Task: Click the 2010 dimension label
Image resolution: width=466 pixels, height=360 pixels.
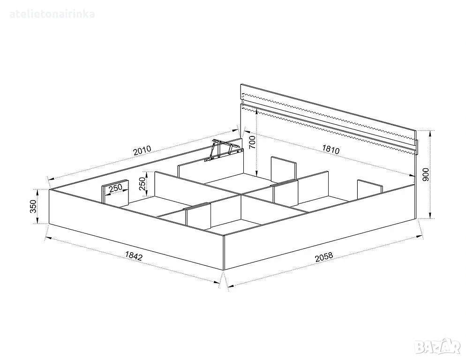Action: point(143,150)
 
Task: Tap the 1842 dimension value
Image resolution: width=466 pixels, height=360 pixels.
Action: point(134,256)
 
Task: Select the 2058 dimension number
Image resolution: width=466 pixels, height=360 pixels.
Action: point(324,257)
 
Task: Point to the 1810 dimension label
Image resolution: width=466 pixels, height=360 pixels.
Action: point(331,149)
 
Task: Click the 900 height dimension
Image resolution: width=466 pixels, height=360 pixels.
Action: point(426,174)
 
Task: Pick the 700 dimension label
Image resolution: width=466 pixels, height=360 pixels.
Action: point(252,142)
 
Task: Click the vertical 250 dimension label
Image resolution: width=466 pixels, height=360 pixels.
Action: point(143,184)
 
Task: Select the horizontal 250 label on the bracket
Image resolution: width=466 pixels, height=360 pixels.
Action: point(115,188)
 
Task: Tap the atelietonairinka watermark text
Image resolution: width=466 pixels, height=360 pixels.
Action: point(53,14)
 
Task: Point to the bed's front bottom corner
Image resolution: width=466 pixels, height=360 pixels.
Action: point(224,270)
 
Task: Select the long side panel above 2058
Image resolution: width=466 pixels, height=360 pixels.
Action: point(319,227)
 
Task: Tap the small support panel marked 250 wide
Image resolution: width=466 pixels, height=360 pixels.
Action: point(115,193)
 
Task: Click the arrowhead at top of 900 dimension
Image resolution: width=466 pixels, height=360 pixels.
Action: point(430,133)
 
